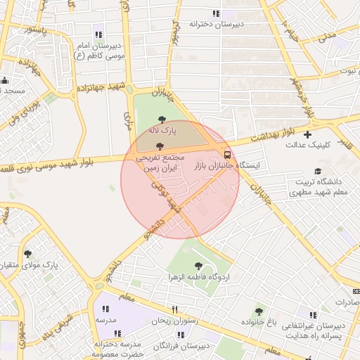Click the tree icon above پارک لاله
(162, 120)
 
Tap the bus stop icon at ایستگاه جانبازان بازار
(226, 154)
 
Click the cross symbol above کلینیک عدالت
(307, 134)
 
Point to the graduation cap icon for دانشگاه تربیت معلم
(318, 171)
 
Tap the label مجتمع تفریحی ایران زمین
(161, 164)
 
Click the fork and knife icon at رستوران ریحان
(175, 309)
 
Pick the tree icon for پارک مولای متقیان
(28, 254)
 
